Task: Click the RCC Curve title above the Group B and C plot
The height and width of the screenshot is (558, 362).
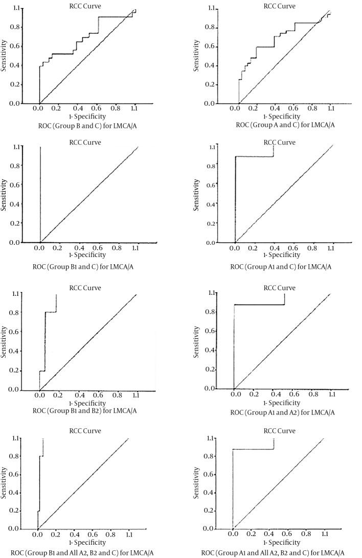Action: click(85, 6)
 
